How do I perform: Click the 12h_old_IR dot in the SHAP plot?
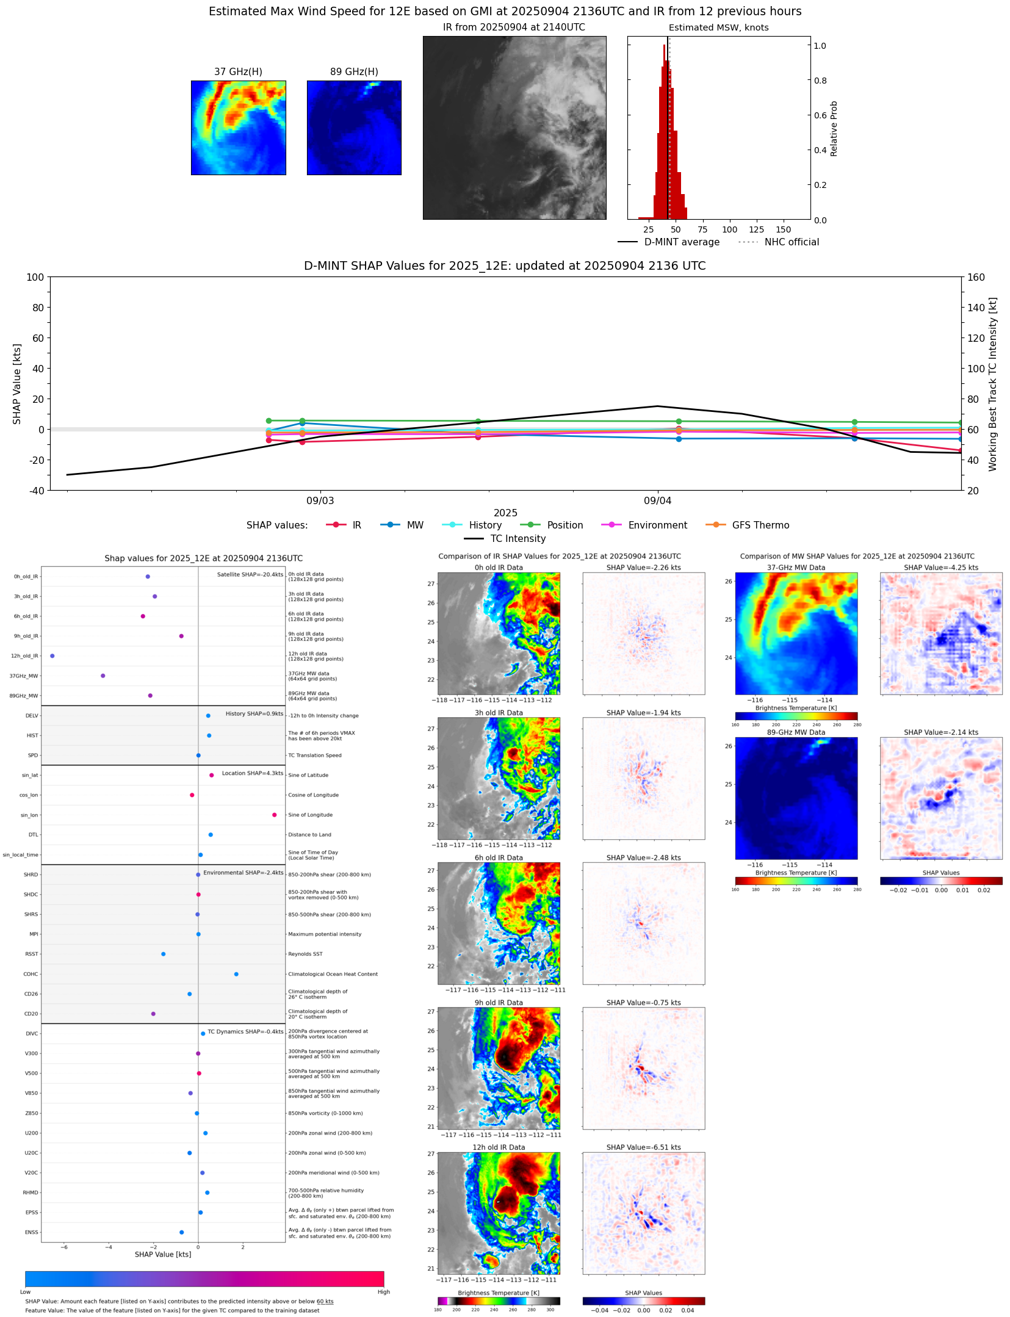tap(52, 655)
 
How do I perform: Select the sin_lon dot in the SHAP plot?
tap(274, 815)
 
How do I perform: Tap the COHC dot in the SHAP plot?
tap(236, 974)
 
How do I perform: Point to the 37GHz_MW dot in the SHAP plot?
tap(103, 676)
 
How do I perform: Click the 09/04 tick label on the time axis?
tap(657, 500)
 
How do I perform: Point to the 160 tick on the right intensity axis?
tap(976, 277)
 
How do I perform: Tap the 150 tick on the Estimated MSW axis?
tap(783, 229)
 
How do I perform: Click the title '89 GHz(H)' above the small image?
tap(354, 71)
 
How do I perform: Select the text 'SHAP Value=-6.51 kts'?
tap(643, 1147)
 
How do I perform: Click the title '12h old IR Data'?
tap(499, 1147)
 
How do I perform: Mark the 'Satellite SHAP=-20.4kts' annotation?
tap(250, 574)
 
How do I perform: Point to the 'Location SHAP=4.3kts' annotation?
tap(252, 773)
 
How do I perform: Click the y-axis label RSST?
tap(31, 954)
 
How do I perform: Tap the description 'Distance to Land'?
tap(309, 835)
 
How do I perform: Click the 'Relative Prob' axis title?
tap(834, 129)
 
